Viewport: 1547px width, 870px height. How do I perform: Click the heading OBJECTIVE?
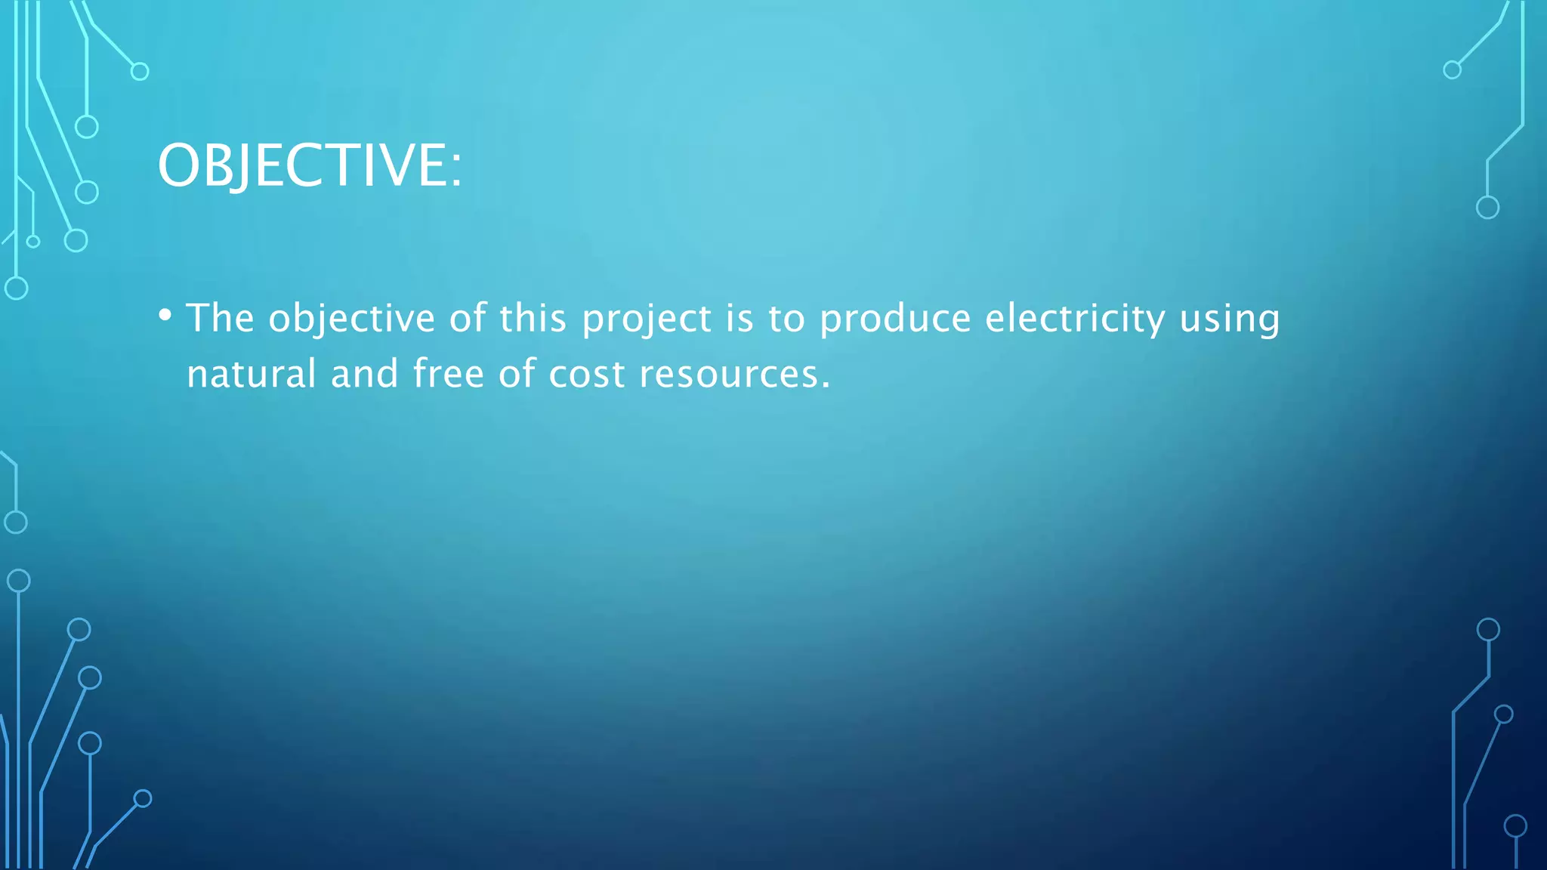[309, 165]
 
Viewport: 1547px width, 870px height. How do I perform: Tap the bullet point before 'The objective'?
[165, 315]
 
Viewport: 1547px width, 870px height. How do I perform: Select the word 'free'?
[449, 373]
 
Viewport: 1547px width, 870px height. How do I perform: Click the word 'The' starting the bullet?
[220, 317]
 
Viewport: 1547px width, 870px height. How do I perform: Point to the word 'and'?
[365, 373]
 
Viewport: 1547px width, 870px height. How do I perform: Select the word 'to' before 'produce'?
[786, 319]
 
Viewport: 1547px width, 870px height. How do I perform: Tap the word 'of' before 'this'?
[468, 317]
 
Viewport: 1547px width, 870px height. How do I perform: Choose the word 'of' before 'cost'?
[517, 373]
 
